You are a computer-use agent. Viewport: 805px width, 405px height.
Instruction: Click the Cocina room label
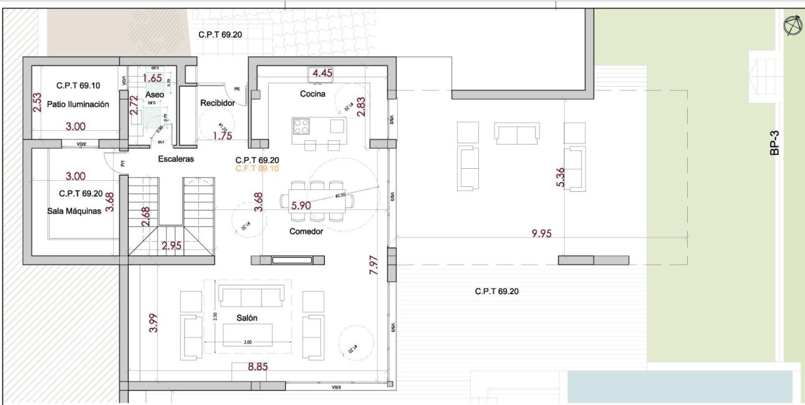pos(312,94)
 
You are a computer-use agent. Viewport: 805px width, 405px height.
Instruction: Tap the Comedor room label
pos(306,231)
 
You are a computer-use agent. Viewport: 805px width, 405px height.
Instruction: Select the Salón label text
pos(247,318)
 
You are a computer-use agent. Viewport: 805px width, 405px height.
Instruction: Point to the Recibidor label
pos(217,103)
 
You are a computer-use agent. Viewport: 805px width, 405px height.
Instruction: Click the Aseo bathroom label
pos(154,94)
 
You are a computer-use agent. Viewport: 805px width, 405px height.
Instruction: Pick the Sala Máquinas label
pos(74,211)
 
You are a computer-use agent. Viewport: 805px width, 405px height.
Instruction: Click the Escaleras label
pos(176,159)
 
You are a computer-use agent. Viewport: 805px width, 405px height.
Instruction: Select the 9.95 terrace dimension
pos(542,234)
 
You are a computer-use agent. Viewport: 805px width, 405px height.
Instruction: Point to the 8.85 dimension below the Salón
pos(258,366)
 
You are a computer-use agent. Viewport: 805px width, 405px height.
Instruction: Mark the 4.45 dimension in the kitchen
pos(322,73)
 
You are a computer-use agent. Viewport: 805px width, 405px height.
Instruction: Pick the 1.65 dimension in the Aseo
pos(153,78)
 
